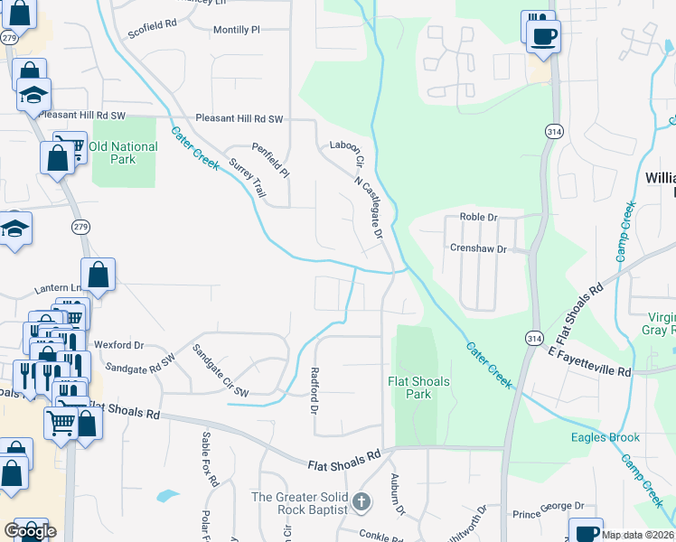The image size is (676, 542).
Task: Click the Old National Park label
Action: tap(123, 153)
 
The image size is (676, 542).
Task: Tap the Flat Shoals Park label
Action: tap(418, 388)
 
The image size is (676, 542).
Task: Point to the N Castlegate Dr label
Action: tap(369, 201)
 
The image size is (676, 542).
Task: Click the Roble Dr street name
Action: tap(479, 218)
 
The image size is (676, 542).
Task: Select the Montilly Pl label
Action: tap(236, 30)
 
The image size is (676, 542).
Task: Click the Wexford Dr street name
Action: tap(119, 345)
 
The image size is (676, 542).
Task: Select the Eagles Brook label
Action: tap(605, 438)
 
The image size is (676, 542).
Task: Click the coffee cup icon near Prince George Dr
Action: tap(586, 531)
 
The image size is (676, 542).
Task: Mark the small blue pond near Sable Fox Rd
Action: tap(167, 495)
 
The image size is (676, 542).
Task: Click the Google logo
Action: tap(30, 531)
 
